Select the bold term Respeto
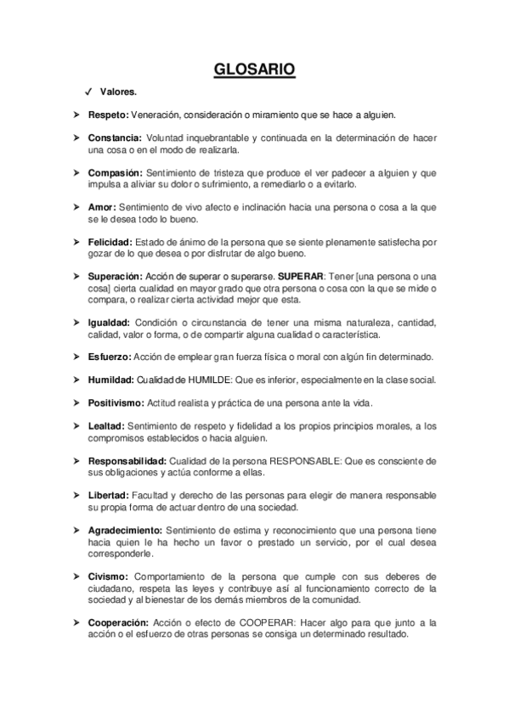coord(108,114)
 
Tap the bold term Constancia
coord(115,137)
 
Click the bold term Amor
coord(101,207)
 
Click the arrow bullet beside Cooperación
coord(77,622)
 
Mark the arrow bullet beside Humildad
coord(77,380)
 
